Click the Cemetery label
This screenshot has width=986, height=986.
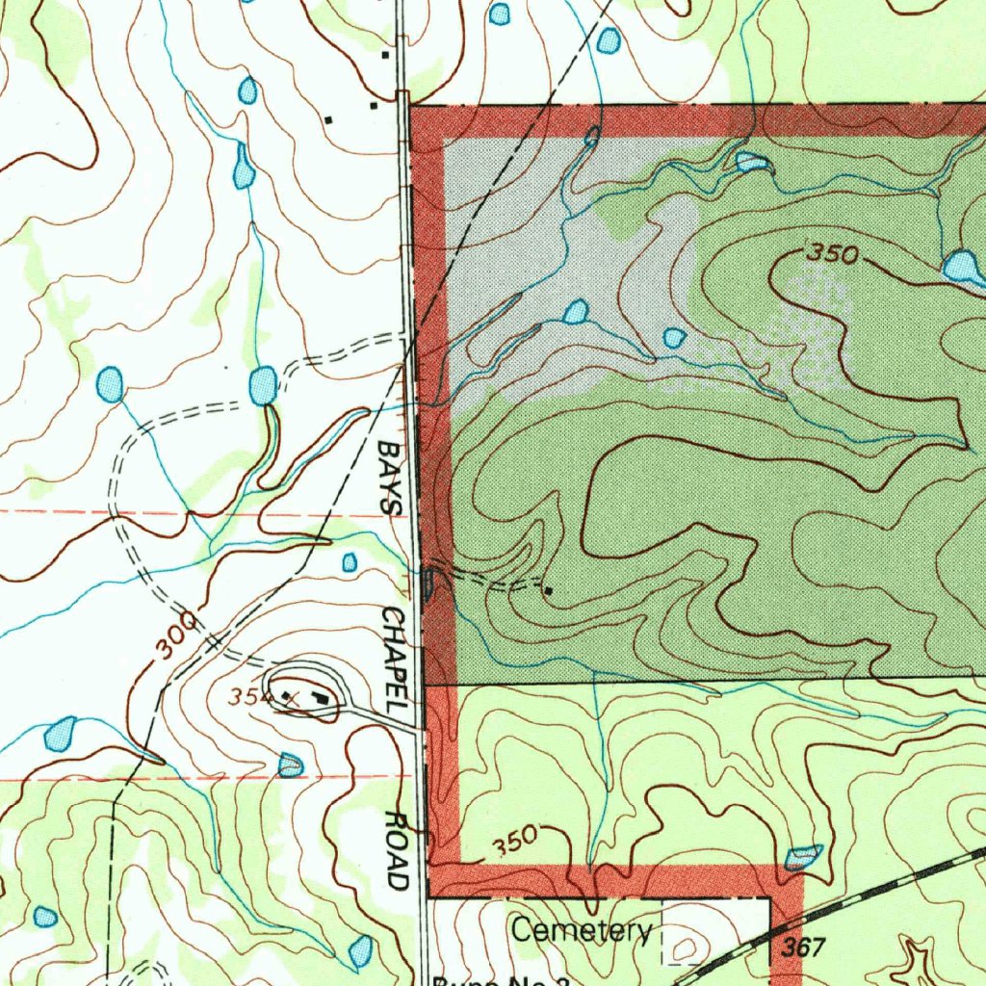582,931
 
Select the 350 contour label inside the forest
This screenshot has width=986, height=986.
831,254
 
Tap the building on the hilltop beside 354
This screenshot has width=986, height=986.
320,698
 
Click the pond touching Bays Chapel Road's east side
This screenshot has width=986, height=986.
429,582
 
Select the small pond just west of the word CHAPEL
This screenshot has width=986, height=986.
350,561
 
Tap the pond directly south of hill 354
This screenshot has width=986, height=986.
290,765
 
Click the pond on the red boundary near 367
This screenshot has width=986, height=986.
803,856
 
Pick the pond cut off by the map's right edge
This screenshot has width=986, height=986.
964,267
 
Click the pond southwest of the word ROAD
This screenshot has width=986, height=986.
361,951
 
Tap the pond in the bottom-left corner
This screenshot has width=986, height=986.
44,916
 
